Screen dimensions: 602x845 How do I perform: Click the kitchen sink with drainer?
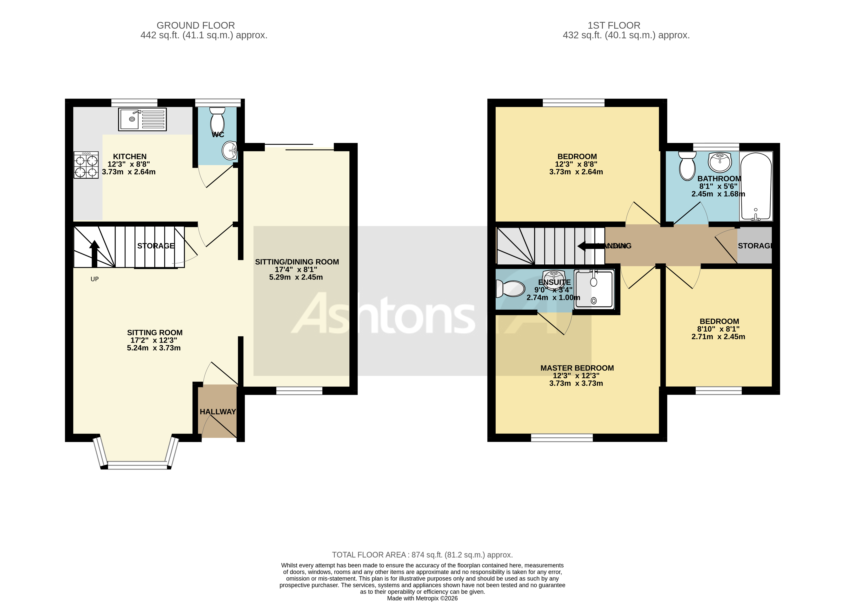(x=142, y=119)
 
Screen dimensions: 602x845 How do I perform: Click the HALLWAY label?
(x=218, y=411)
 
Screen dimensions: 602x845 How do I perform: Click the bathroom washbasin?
(x=719, y=162)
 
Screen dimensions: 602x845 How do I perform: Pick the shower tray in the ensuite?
(x=594, y=289)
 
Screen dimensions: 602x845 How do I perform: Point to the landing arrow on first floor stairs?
(x=586, y=246)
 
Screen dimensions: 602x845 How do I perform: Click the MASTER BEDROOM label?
(x=577, y=368)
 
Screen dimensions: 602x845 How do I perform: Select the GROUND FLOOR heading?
(x=195, y=25)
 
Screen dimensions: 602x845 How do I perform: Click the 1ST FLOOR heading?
(x=614, y=25)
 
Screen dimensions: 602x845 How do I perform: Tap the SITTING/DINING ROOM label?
(x=297, y=262)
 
